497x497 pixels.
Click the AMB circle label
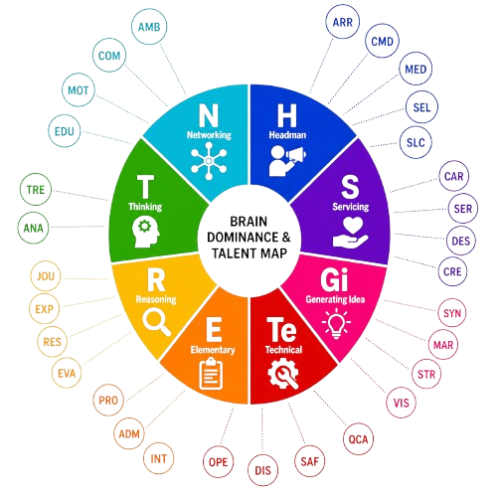[x=149, y=27]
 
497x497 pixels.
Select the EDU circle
[x=65, y=131]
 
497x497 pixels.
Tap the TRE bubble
[x=36, y=190]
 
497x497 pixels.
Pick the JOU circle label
[x=46, y=276]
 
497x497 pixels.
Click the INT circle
[x=159, y=459]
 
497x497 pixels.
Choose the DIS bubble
[x=263, y=470]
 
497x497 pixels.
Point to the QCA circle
[x=359, y=439]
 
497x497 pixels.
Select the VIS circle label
[x=402, y=403]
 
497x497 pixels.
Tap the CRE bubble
[x=452, y=271]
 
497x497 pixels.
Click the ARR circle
[x=343, y=22]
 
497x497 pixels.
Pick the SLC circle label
[x=415, y=142]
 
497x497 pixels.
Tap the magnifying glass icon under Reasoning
[x=157, y=322]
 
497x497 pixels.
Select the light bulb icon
[x=336, y=324]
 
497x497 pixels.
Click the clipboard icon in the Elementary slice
[x=211, y=374]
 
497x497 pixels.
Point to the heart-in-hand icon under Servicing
[x=350, y=233]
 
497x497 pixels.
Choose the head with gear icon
[x=146, y=233]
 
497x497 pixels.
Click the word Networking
[x=209, y=135]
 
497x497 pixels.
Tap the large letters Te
[x=281, y=329]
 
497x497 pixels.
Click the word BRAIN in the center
[x=248, y=222]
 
